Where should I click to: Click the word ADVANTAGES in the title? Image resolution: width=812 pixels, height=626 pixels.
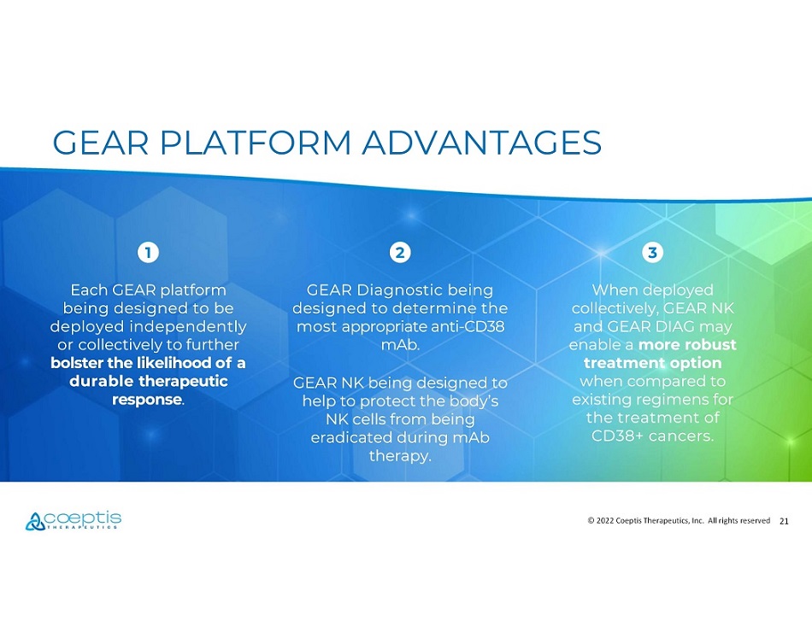[481, 143]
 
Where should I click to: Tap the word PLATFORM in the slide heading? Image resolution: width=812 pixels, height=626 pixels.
[256, 143]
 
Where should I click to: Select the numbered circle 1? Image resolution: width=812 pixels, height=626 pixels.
[148, 253]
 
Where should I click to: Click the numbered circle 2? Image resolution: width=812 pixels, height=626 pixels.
[400, 253]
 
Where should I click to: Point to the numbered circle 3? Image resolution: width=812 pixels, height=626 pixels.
[652, 253]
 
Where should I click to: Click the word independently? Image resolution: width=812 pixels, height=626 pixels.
[187, 327]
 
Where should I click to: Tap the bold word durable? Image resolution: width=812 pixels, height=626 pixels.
[101, 381]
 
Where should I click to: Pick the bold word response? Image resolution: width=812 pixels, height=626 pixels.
[146, 400]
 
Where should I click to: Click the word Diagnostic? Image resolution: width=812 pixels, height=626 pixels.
[400, 290]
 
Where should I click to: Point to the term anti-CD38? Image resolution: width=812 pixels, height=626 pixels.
[468, 327]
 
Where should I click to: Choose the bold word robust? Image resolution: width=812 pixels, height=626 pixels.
[710, 344]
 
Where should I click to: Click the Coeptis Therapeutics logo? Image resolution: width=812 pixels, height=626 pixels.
[73, 520]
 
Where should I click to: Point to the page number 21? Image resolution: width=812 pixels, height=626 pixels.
[784, 521]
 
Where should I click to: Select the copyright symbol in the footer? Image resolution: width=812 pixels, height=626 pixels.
[591, 520]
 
